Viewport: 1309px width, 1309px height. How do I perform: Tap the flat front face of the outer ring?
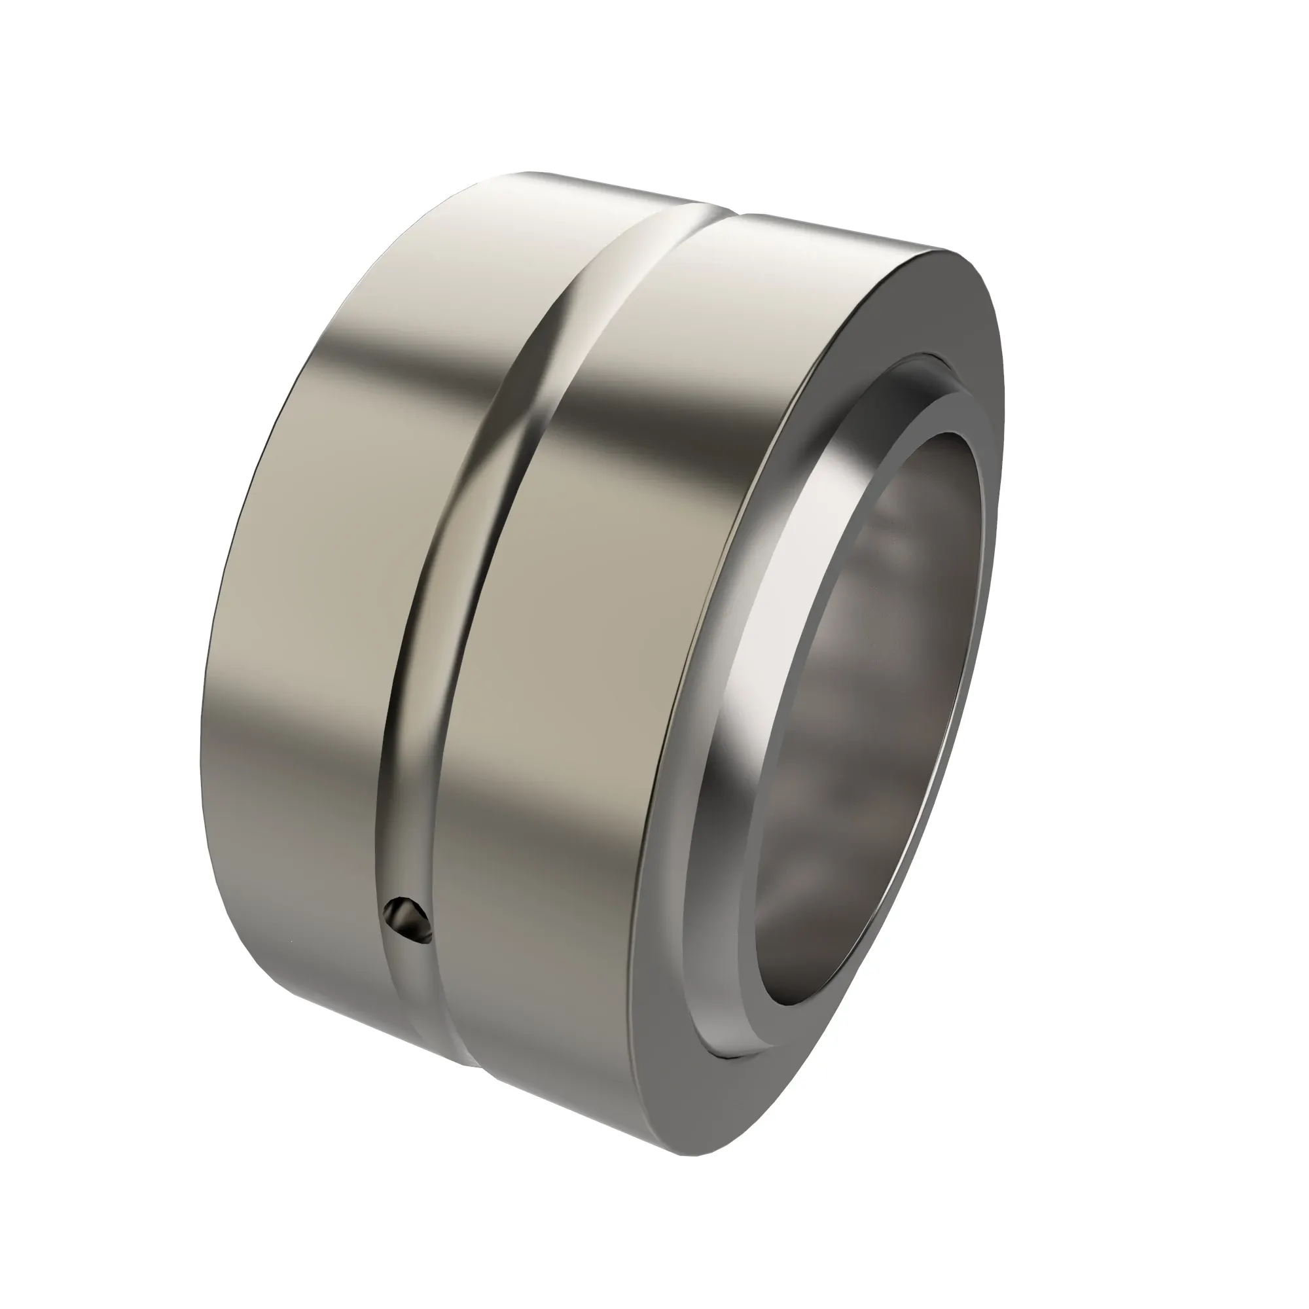[677, 948]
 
